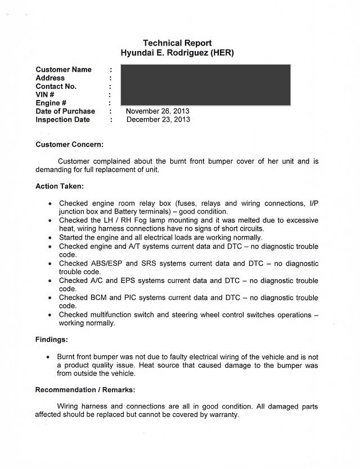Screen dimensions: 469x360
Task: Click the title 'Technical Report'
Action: [x=177, y=43]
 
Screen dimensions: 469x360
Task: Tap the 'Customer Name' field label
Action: [x=64, y=70]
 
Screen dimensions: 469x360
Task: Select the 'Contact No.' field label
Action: [x=56, y=87]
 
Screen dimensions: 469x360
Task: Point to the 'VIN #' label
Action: [x=46, y=95]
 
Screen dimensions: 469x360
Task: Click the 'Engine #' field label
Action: [x=52, y=103]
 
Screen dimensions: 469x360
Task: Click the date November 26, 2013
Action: [x=157, y=111]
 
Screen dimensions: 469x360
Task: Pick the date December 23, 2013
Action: [x=158, y=119]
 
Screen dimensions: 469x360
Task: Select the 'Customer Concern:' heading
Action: [x=69, y=145]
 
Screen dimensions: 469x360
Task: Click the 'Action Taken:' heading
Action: [x=60, y=186]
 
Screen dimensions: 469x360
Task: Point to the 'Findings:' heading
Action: [x=52, y=340]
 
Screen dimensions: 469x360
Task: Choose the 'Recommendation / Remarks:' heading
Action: [x=85, y=389]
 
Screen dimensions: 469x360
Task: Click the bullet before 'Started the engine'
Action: [x=51, y=238]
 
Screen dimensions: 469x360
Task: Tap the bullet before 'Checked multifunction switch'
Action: [x=51, y=315]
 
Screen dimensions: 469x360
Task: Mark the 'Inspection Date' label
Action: [x=62, y=119]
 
